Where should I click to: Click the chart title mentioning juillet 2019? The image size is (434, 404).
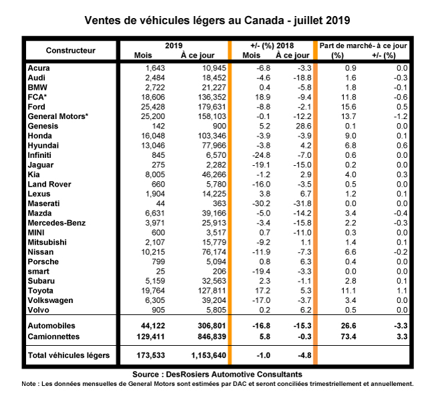click(x=217, y=19)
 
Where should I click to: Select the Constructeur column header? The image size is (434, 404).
click(x=71, y=50)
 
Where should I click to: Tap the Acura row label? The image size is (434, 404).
click(x=39, y=68)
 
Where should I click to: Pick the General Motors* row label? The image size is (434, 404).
click(x=59, y=116)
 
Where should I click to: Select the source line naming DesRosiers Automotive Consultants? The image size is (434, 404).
click(x=217, y=374)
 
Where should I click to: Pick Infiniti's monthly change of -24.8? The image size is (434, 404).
click(x=259, y=155)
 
